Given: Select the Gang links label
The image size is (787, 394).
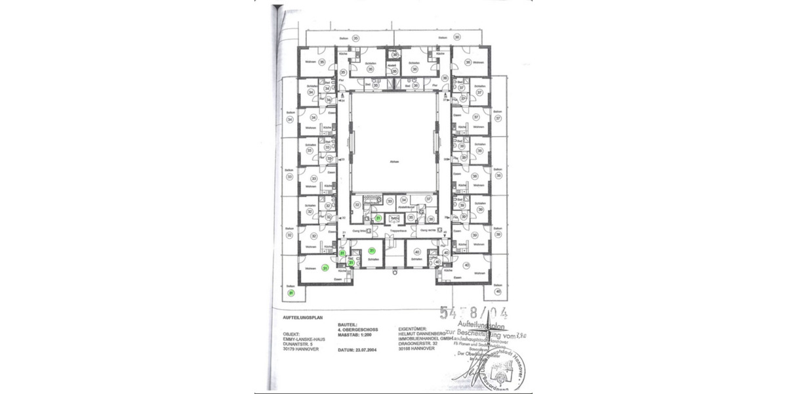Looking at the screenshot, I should (360, 231).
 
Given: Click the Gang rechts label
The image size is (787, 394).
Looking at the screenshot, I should (430, 231).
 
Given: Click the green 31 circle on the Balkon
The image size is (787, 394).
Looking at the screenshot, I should (291, 294).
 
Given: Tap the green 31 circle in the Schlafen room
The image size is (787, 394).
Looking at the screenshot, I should (372, 250).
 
